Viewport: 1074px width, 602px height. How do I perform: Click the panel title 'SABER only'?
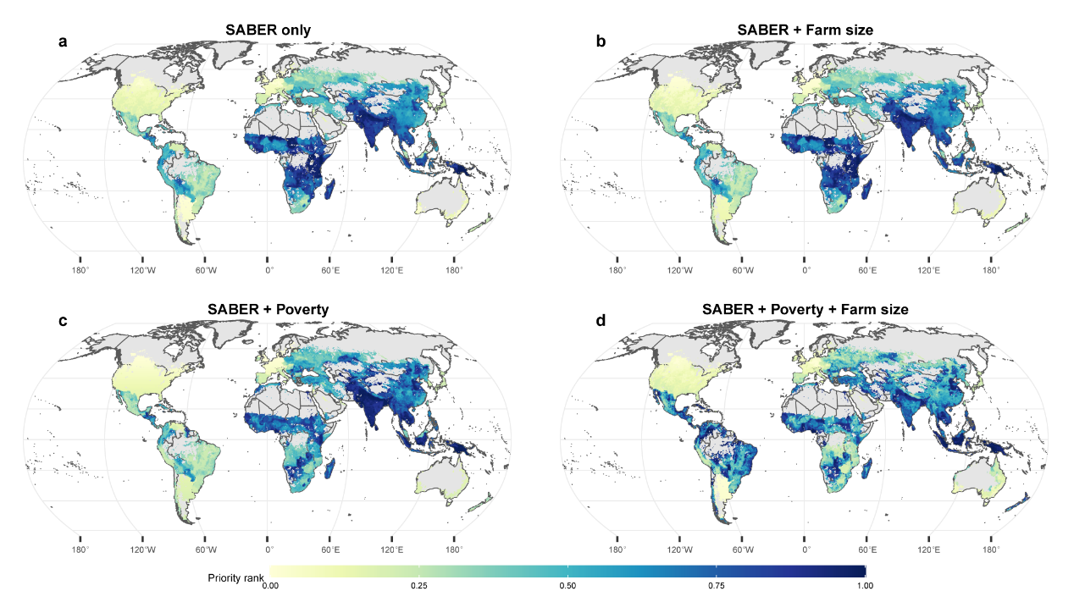[268, 30]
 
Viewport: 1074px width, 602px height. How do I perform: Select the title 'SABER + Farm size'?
[805, 30]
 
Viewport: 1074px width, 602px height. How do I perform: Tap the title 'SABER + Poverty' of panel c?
[268, 310]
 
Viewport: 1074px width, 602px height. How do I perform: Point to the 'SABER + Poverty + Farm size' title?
[805, 310]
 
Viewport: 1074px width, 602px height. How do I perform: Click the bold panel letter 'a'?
[63, 41]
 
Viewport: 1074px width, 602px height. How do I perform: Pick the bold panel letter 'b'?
[601, 41]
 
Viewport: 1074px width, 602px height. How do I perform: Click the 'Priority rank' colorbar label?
[236, 578]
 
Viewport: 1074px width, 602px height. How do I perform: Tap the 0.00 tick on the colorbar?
[269, 585]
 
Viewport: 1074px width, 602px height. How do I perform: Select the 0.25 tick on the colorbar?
[418, 585]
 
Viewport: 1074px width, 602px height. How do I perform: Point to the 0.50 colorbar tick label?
[567, 585]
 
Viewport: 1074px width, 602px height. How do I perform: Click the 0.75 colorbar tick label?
[717, 585]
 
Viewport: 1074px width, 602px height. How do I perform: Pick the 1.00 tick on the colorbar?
[865, 585]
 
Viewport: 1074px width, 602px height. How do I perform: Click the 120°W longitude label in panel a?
[142, 271]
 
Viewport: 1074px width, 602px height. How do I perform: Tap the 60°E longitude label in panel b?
[867, 271]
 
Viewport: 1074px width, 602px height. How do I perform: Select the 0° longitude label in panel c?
[268, 550]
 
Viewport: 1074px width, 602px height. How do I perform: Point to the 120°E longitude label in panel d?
[929, 550]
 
